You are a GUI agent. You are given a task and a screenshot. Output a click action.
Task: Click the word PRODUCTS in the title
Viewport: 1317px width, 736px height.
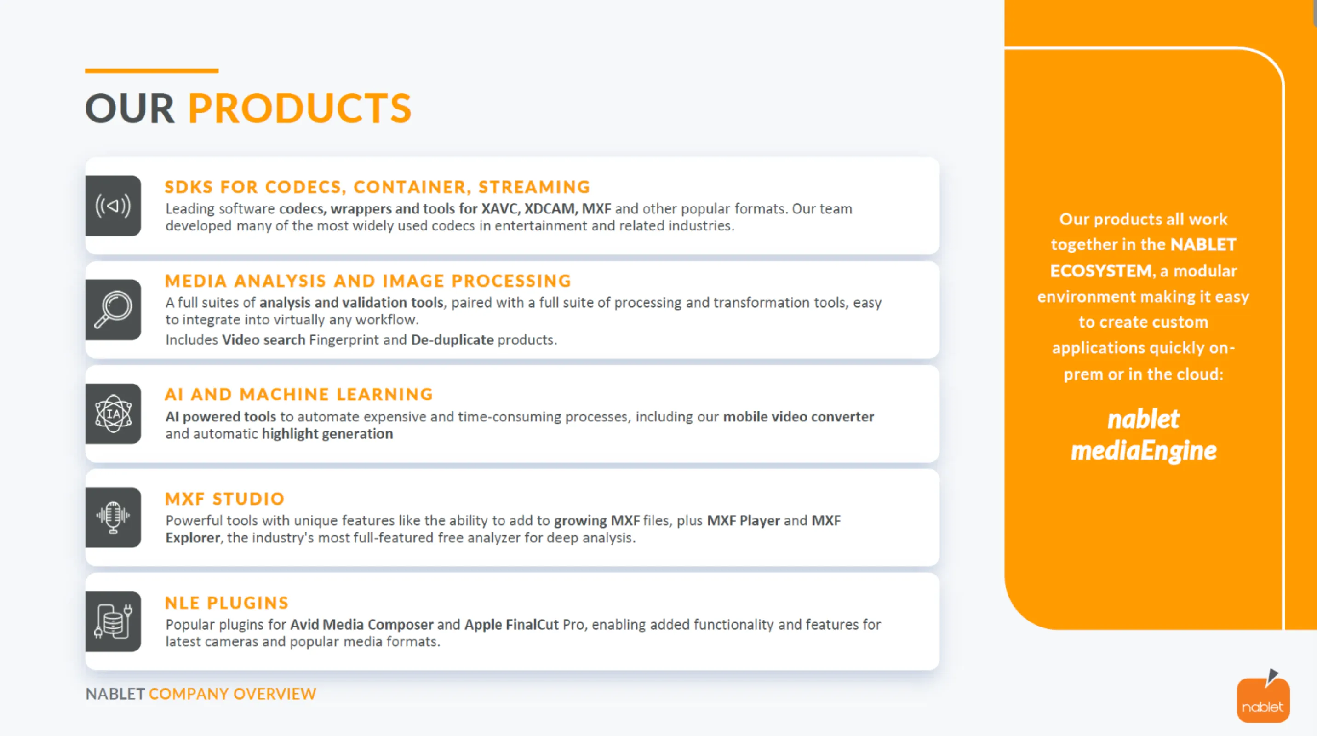pos(300,109)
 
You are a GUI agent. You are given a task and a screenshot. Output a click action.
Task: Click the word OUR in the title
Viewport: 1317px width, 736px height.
pos(130,109)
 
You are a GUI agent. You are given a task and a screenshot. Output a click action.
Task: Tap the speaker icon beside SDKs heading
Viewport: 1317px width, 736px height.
pos(113,206)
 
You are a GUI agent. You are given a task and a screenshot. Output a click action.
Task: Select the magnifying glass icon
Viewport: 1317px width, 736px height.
pos(113,310)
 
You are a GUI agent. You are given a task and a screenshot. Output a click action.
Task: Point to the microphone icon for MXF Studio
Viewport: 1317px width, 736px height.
pos(113,517)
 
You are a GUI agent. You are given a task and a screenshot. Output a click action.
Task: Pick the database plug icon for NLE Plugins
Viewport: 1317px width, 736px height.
pos(113,621)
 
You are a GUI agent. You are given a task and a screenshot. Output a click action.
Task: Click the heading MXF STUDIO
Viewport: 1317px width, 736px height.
pos(224,499)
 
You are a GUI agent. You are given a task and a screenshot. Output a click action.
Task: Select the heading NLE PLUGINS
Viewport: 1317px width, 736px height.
pos(227,603)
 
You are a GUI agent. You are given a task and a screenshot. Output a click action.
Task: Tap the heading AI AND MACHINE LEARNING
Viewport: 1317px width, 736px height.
pos(299,394)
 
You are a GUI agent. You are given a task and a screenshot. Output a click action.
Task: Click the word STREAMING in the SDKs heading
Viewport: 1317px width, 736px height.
pos(534,187)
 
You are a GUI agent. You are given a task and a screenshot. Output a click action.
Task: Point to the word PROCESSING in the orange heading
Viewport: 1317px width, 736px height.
pos(511,281)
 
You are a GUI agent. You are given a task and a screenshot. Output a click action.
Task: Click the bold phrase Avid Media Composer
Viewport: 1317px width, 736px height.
pos(362,625)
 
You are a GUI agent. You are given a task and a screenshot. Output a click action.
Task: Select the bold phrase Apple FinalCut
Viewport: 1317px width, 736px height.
pos(511,625)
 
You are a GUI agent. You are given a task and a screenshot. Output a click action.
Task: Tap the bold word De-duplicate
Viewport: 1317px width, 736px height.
pos(452,340)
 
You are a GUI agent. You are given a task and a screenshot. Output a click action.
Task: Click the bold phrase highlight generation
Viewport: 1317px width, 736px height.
pos(327,434)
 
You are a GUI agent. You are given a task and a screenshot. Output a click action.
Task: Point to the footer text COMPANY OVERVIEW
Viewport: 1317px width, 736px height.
pos(233,694)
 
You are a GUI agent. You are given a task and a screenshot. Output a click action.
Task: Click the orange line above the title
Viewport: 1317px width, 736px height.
pos(152,70)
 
